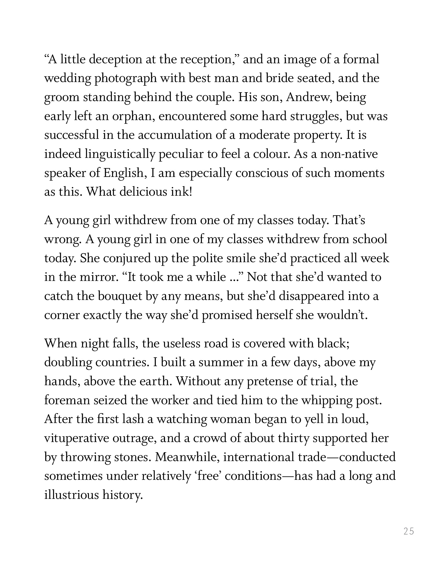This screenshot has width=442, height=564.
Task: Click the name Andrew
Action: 306,97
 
